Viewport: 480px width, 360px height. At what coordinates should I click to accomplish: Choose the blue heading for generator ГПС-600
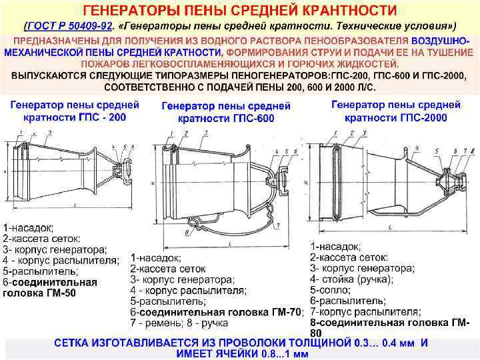coord(227,111)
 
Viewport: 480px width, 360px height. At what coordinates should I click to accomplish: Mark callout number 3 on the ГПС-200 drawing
coord(51,133)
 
